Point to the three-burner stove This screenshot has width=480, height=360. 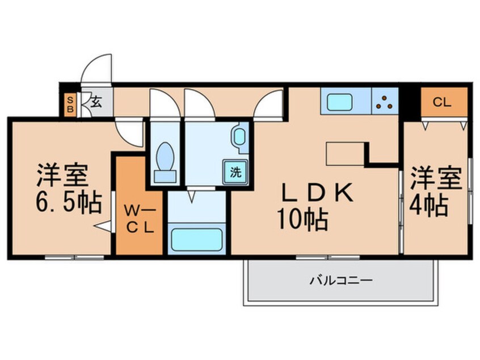coord(385,102)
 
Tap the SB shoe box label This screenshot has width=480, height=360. coord(71,104)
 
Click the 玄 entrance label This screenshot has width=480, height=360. coord(95,103)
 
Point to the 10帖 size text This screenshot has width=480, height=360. coord(302,220)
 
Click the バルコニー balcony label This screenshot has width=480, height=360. coord(340,281)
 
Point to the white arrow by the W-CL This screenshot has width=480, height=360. coord(103,227)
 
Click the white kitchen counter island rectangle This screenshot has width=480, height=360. coord(346,153)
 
